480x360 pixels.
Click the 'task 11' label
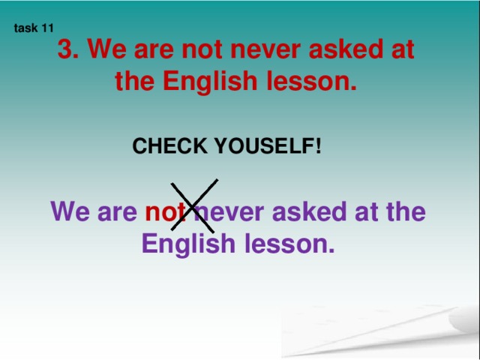(34, 28)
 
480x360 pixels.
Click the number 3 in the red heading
(65, 49)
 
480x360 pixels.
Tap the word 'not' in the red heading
(202, 49)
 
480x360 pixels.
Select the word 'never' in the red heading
(265, 51)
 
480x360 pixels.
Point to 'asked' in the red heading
(346, 49)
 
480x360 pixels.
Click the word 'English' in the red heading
(210, 82)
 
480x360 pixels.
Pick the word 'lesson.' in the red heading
(312, 81)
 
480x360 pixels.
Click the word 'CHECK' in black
(170, 145)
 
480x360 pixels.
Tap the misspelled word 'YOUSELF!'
(268, 145)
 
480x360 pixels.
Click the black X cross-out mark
(194, 205)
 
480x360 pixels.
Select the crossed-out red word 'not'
(166, 211)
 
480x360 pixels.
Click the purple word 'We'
(70, 211)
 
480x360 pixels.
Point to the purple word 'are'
(117, 213)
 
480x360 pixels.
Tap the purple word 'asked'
(309, 211)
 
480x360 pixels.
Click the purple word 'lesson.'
(289, 244)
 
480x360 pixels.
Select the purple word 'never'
(229, 213)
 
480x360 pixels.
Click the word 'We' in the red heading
(106, 49)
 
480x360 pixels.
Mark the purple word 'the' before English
(406, 211)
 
